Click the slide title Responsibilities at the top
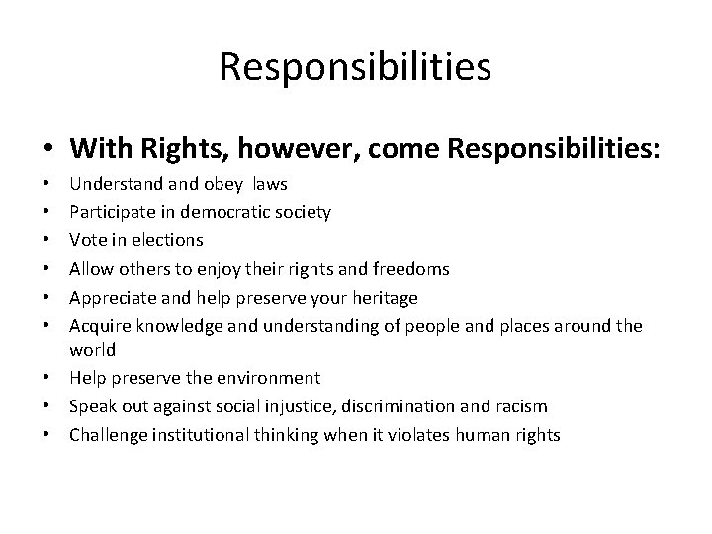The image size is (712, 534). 356,67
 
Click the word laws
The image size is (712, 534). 270,183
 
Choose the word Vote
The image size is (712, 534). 86,240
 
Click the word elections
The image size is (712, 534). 168,240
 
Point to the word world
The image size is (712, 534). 92,350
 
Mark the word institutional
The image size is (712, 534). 195,435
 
